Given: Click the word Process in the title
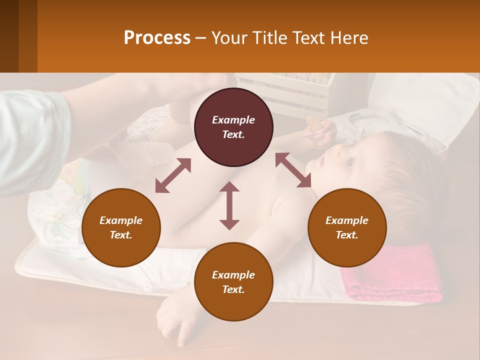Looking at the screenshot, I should click(157, 38).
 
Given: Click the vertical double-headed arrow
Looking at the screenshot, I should click(229, 205).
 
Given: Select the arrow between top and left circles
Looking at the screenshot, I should click(173, 175).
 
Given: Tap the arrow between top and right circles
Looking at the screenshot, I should click(293, 170).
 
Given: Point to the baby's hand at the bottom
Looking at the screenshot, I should click(172, 320).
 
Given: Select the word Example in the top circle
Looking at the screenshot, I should click(233, 120).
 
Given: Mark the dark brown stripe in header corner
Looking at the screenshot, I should click(9, 36).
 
